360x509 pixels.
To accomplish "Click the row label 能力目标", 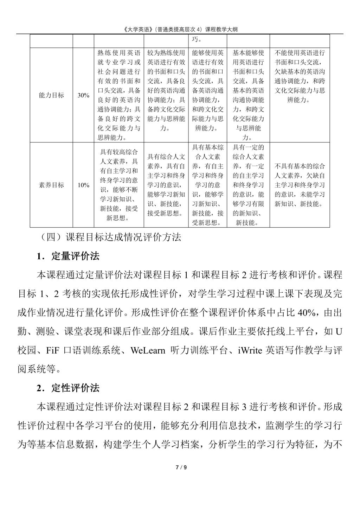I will coord(51,95).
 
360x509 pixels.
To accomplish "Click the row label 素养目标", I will coord(51,185).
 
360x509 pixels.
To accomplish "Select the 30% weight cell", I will coord(83,95).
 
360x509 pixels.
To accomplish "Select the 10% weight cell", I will coord(83,185).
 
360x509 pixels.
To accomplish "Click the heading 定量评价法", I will coord(75,256).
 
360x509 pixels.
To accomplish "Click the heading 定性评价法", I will coord(75,388).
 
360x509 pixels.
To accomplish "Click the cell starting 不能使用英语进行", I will coord(300,76).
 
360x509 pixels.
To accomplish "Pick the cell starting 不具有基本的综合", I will coord(300,185).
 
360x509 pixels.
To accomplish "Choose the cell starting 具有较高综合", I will coord(119,185).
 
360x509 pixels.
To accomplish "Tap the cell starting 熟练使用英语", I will coord(119,95).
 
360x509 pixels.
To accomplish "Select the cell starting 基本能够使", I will coord(248,95).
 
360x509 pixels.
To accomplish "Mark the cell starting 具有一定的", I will coord(248,185).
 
